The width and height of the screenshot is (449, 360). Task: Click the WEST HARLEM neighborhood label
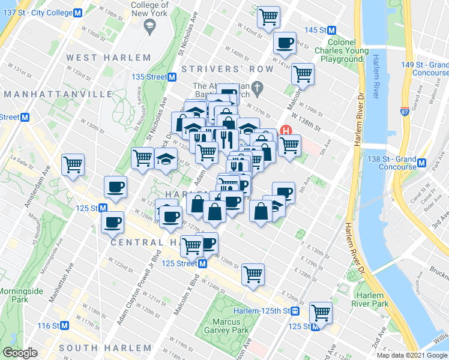[x=109, y=58]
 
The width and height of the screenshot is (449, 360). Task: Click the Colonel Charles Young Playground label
[x=342, y=51]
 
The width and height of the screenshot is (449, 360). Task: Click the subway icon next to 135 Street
[x=172, y=77]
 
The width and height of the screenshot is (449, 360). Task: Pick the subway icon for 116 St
[x=65, y=326]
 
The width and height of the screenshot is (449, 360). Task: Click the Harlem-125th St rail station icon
[x=295, y=311]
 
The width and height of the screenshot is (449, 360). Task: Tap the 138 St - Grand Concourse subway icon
[x=422, y=163]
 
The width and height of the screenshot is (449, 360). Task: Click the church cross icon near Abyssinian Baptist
[x=257, y=89]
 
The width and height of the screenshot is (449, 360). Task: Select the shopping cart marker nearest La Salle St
[x=73, y=164]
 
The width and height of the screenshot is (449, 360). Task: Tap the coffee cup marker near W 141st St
[x=285, y=43]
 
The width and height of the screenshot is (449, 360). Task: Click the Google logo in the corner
[x=19, y=353]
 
